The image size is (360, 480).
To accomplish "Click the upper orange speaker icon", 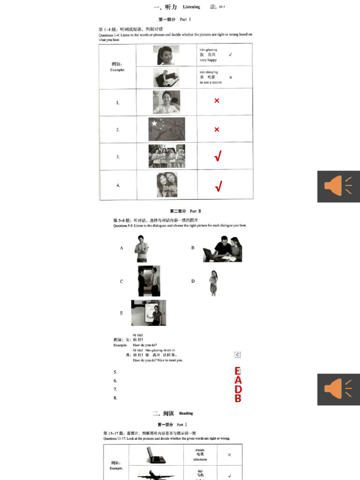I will pyautogui.click(x=338, y=186).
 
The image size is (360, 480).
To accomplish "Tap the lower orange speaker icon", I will pyautogui.click(x=338, y=389).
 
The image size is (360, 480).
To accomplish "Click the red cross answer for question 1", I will pyautogui.click(x=217, y=101).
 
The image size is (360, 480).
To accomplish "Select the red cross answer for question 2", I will pyautogui.click(x=217, y=129).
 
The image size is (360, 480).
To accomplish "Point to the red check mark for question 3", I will pyautogui.click(x=218, y=157).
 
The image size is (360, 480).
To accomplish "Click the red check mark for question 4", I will pyautogui.click(x=218, y=186).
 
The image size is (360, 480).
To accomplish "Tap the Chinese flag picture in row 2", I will pyautogui.click(x=166, y=129).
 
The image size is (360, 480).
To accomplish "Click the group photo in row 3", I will pyautogui.click(x=166, y=156).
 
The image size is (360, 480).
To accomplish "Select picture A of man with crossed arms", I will pyautogui.click(x=141, y=248).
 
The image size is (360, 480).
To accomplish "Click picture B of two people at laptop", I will pyautogui.click(x=222, y=249).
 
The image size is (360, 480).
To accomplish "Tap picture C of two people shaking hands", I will pyautogui.click(x=149, y=281).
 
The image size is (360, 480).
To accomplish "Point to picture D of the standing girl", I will pyautogui.click(x=213, y=283).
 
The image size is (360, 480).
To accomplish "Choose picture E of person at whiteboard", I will pyautogui.click(x=149, y=313).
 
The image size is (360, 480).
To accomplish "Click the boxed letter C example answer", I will pyautogui.click(x=238, y=355).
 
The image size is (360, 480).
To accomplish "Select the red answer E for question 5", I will pyautogui.click(x=238, y=371).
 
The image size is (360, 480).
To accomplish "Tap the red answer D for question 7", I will pyautogui.click(x=238, y=390).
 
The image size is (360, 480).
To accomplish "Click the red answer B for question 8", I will pyautogui.click(x=238, y=398).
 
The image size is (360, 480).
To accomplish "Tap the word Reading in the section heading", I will pyautogui.click(x=186, y=413).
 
